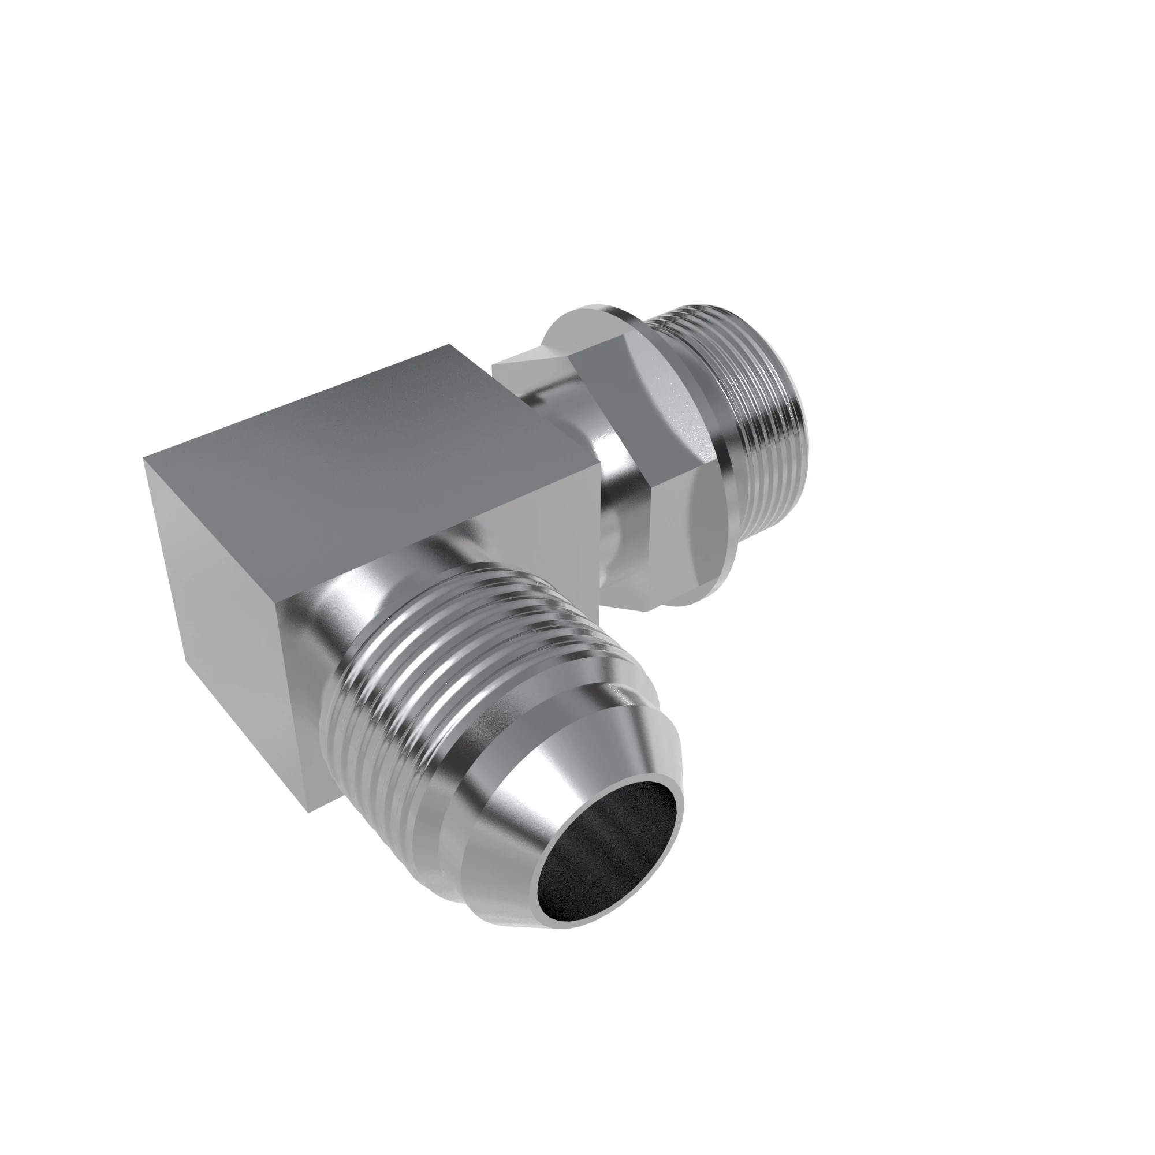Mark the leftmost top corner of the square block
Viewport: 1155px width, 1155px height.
tap(145, 459)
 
